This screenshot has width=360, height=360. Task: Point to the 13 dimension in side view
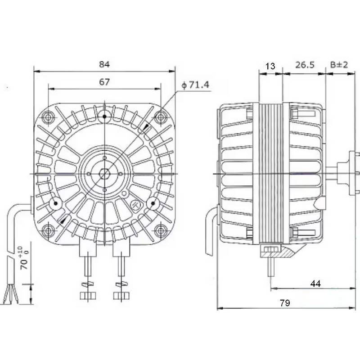click(270, 66)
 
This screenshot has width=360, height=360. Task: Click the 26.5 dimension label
click(304, 66)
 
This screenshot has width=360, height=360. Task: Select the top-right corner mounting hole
click(160, 117)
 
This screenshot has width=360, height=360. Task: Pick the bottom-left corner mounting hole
click(48, 230)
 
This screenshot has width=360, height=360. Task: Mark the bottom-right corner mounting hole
click(160, 230)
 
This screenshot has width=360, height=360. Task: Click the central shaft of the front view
click(104, 173)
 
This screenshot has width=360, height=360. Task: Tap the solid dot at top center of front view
click(104, 117)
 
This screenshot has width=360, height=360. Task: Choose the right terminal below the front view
click(121, 270)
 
